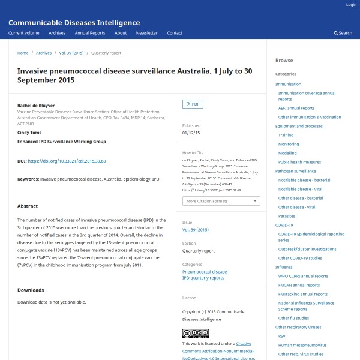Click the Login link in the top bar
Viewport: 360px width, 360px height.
pyautogui.click(x=351, y=5)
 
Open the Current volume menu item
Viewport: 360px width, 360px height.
pyautogui.click(x=24, y=33)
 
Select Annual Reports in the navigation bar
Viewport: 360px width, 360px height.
pyautogui.click(x=89, y=33)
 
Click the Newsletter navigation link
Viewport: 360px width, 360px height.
pyautogui.click(x=146, y=33)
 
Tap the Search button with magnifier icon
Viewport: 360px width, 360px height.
pyautogui.click(x=343, y=33)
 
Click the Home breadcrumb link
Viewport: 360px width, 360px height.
pyautogui.click(x=23, y=53)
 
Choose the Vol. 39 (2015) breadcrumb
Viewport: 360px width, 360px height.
pyautogui.click(x=71, y=53)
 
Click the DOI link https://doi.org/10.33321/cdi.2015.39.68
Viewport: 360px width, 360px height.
pyautogui.click(x=67, y=161)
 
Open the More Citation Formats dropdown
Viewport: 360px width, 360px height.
pyautogui.click(x=221, y=201)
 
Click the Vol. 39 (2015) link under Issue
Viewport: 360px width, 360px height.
pyautogui.click(x=195, y=230)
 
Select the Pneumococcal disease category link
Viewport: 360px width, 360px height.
pyautogui.click(x=205, y=272)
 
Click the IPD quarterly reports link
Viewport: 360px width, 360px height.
pyautogui.click(x=203, y=278)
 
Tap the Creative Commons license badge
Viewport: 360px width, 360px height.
pyautogui.click(x=195, y=334)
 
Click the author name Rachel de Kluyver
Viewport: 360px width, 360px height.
pyautogui.click(x=36, y=105)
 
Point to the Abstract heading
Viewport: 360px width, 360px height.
pyautogui.click(x=28, y=206)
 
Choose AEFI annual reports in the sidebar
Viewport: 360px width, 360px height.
pyautogui.click(x=296, y=108)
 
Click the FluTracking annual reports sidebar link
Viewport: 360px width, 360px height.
pyautogui.click(x=303, y=294)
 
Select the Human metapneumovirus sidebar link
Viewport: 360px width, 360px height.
pyautogui.click(x=302, y=345)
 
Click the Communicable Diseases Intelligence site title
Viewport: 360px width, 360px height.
pyautogui.click(x=74, y=23)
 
